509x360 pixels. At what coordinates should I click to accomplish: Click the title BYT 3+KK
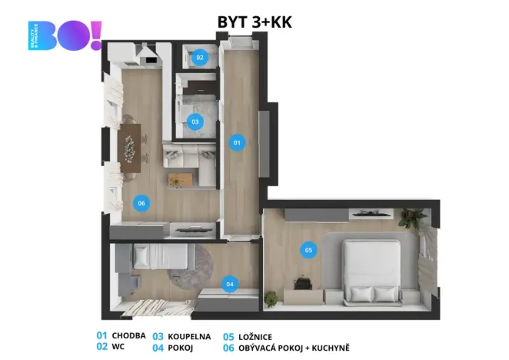click(254, 22)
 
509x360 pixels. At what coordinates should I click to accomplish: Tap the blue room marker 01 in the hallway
click(238, 142)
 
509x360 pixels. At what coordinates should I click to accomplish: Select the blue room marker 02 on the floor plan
click(200, 57)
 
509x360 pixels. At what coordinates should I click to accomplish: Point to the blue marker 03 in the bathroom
click(195, 122)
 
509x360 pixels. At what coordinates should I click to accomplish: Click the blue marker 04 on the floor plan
click(229, 284)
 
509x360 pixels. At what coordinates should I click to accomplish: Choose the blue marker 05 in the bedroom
click(308, 249)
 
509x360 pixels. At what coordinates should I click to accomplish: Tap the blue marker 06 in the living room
click(140, 203)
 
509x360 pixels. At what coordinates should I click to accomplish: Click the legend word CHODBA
click(128, 336)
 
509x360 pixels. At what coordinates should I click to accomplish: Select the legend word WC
click(118, 348)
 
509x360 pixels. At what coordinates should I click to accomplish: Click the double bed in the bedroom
click(371, 269)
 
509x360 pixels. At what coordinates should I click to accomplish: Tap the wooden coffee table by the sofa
click(178, 180)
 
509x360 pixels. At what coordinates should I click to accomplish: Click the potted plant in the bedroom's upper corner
click(408, 218)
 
